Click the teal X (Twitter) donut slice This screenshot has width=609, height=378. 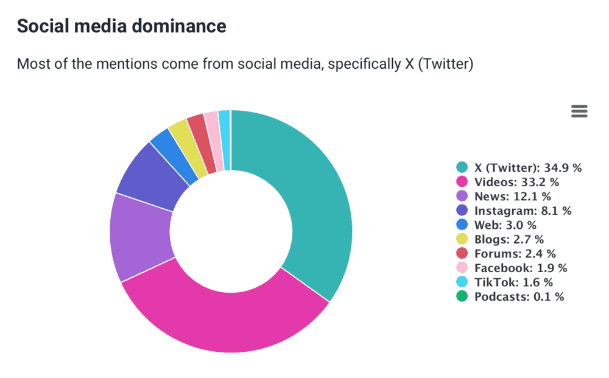coord(304,195)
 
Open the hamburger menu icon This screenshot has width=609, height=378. coord(579,111)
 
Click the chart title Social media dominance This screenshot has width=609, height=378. coord(121,26)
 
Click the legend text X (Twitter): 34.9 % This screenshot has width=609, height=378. coord(527,167)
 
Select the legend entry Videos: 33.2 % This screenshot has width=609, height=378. coord(516,181)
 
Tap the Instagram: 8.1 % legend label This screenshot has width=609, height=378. coord(523,211)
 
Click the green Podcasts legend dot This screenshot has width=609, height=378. coord(462,297)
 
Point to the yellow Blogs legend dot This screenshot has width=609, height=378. coord(462,239)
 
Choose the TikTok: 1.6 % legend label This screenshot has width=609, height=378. coord(513,282)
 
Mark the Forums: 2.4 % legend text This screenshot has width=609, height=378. coord(515,254)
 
